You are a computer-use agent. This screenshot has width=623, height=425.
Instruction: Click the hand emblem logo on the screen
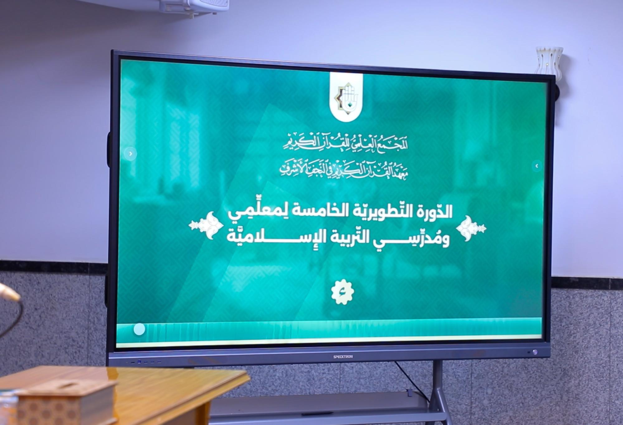(x=346, y=97)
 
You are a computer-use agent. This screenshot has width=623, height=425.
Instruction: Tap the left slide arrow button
(x=131, y=154)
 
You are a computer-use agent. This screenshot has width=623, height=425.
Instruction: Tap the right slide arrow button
(x=536, y=166)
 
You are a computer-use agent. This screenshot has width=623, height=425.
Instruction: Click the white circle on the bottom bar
(x=139, y=329)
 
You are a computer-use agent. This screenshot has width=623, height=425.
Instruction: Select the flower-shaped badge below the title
(x=343, y=292)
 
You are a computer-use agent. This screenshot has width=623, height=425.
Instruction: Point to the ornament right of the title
(x=471, y=228)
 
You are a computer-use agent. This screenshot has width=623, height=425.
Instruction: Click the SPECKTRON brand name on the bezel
(x=343, y=356)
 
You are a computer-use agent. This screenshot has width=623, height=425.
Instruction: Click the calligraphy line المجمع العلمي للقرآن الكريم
(x=345, y=143)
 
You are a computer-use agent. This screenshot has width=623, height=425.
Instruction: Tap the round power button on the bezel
(x=535, y=352)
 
